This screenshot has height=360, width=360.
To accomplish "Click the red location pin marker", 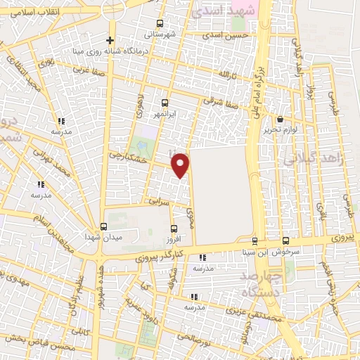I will pyautogui.click(x=181, y=164).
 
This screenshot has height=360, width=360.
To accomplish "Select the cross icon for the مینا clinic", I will pyautogui.click(x=110, y=40).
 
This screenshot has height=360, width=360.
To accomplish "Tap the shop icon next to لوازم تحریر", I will pyautogui.click(x=281, y=120).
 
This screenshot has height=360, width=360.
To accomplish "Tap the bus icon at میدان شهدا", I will pyautogui.click(x=104, y=226).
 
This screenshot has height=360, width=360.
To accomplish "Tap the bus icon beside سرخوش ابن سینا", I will pyautogui.click(x=285, y=240).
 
